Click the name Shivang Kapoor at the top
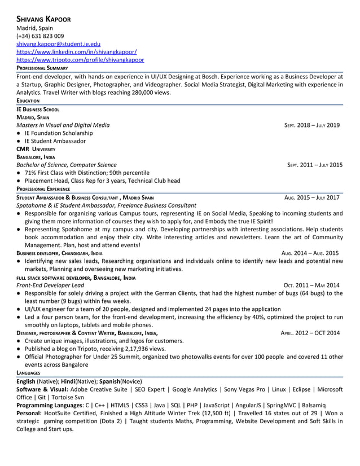tap(43, 19)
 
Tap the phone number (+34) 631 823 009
tap(40, 36)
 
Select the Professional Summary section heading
tap(42, 68)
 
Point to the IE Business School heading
tap(38, 109)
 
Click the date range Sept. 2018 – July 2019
tap(311, 125)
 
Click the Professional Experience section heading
tap(43, 189)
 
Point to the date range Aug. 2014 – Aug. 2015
tap(310, 253)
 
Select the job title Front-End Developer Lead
tap(50, 285)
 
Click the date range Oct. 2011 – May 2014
tap(311, 285)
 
